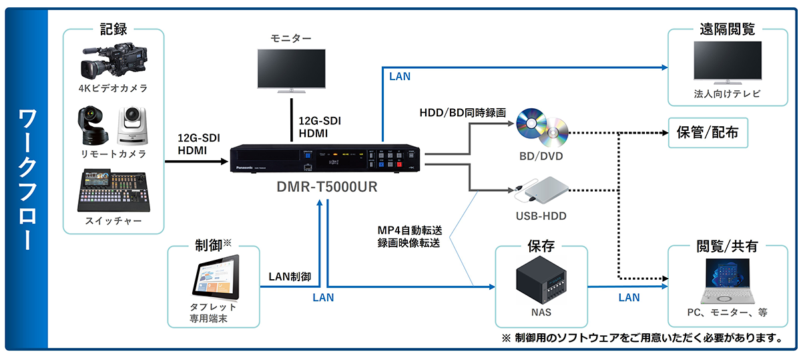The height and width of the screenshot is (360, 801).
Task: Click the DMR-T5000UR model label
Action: click(x=327, y=188)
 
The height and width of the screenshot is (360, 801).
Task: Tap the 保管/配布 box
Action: click(x=708, y=134)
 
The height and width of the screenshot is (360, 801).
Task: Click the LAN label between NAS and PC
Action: click(x=628, y=298)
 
